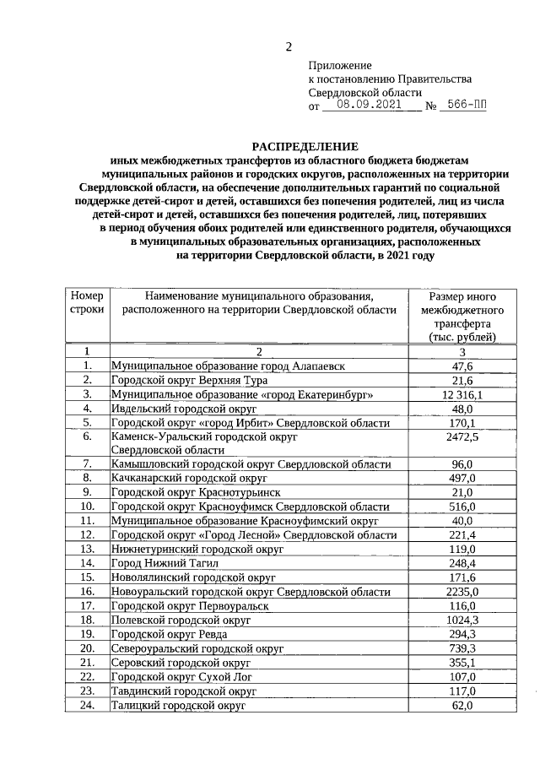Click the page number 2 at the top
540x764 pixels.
click(288, 47)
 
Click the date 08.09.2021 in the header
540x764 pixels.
click(370, 106)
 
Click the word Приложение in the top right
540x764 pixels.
click(339, 65)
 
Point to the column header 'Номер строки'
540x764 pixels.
click(87, 304)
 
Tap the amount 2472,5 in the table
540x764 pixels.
click(462, 436)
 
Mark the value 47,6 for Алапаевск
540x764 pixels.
click(462, 366)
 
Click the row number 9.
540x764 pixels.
click(87, 492)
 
